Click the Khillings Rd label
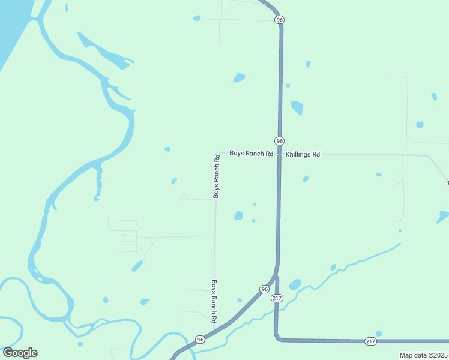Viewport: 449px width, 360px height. (x=303, y=154)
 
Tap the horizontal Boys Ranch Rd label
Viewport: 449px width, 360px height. (x=251, y=154)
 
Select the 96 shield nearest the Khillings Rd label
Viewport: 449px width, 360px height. (x=279, y=140)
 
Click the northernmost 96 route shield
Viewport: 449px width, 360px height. (x=279, y=20)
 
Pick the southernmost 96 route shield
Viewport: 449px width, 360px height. (x=200, y=340)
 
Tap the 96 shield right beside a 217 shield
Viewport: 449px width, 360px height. (x=264, y=289)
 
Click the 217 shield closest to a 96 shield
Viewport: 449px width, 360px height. (x=276, y=298)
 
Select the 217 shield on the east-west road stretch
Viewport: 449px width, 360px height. (x=370, y=341)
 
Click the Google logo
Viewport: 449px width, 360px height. (x=20, y=353)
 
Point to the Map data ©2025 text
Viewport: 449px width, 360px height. (x=424, y=355)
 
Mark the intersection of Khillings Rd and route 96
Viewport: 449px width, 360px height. (x=280, y=154)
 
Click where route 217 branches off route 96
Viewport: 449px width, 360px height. (x=276, y=277)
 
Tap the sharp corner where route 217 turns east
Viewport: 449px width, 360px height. (x=276, y=338)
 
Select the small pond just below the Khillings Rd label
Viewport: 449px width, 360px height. (x=306, y=179)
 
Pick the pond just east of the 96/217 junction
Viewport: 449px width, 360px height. (x=295, y=284)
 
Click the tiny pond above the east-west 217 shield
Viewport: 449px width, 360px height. (x=378, y=334)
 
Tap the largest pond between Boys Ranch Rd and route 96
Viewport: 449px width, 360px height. (x=238, y=216)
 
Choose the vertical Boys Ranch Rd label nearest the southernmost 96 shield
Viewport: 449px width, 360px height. (x=213, y=302)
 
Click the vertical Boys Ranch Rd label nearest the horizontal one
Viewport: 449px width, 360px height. (x=217, y=176)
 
